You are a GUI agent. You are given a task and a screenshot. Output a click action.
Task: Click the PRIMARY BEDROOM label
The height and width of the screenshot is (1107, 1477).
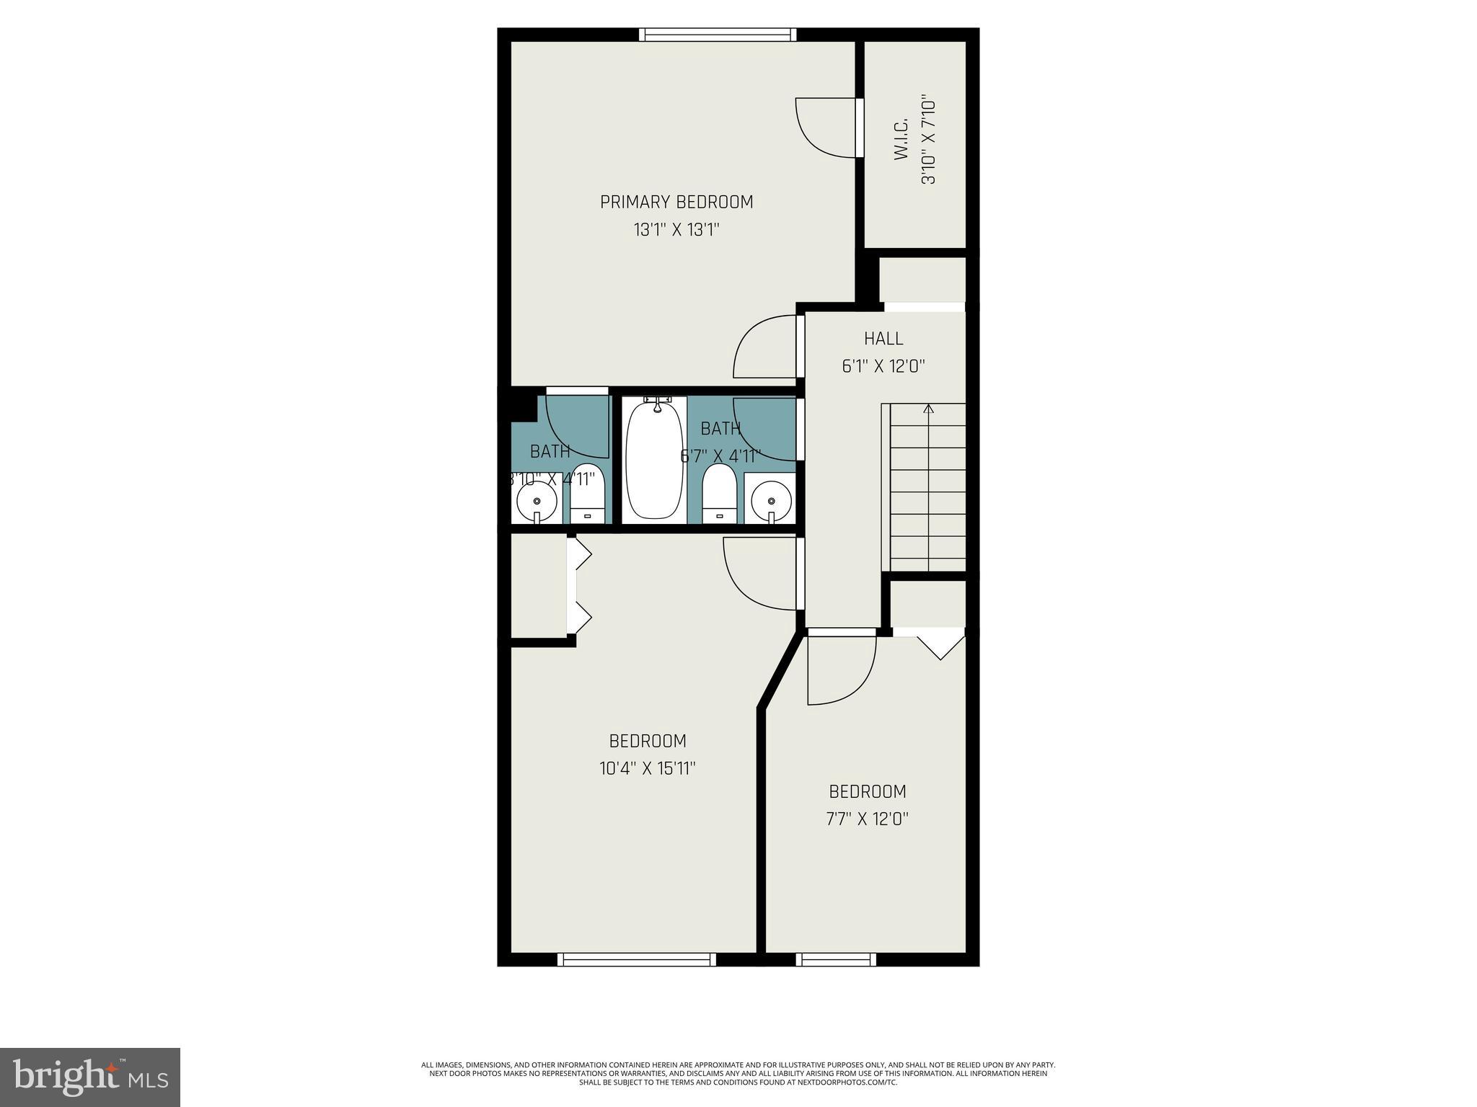click(x=676, y=202)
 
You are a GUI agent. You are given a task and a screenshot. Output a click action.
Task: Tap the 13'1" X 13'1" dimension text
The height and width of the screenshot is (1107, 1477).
click(x=676, y=230)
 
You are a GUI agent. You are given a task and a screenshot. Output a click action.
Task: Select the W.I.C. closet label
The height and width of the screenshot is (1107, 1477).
click(x=901, y=141)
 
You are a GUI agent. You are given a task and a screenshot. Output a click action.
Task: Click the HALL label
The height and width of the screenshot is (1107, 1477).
click(x=883, y=338)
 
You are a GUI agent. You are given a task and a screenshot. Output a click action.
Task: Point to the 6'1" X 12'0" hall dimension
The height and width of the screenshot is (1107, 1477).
click(x=883, y=366)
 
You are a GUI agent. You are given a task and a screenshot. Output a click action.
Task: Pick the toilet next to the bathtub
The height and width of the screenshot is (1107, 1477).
click(x=718, y=494)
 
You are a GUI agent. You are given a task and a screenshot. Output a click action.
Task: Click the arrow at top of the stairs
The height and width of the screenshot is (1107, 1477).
click(x=928, y=409)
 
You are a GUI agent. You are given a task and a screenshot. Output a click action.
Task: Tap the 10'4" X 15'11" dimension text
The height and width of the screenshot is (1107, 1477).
click(x=647, y=768)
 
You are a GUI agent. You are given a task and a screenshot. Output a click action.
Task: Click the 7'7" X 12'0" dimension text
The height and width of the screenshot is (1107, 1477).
click(x=867, y=819)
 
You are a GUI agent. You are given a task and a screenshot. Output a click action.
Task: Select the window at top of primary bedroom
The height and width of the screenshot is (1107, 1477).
click(x=718, y=35)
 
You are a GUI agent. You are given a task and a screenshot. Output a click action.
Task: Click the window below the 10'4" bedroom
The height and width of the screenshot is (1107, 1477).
click(x=637, y=959)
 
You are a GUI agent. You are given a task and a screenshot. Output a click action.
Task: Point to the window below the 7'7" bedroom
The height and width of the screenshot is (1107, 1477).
click(x=836, y=959)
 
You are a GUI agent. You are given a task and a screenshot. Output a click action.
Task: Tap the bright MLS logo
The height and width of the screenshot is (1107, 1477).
click(x=90, y=1077)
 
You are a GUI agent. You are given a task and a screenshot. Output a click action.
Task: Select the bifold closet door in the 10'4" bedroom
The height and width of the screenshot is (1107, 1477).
click(x=579, y=585)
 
